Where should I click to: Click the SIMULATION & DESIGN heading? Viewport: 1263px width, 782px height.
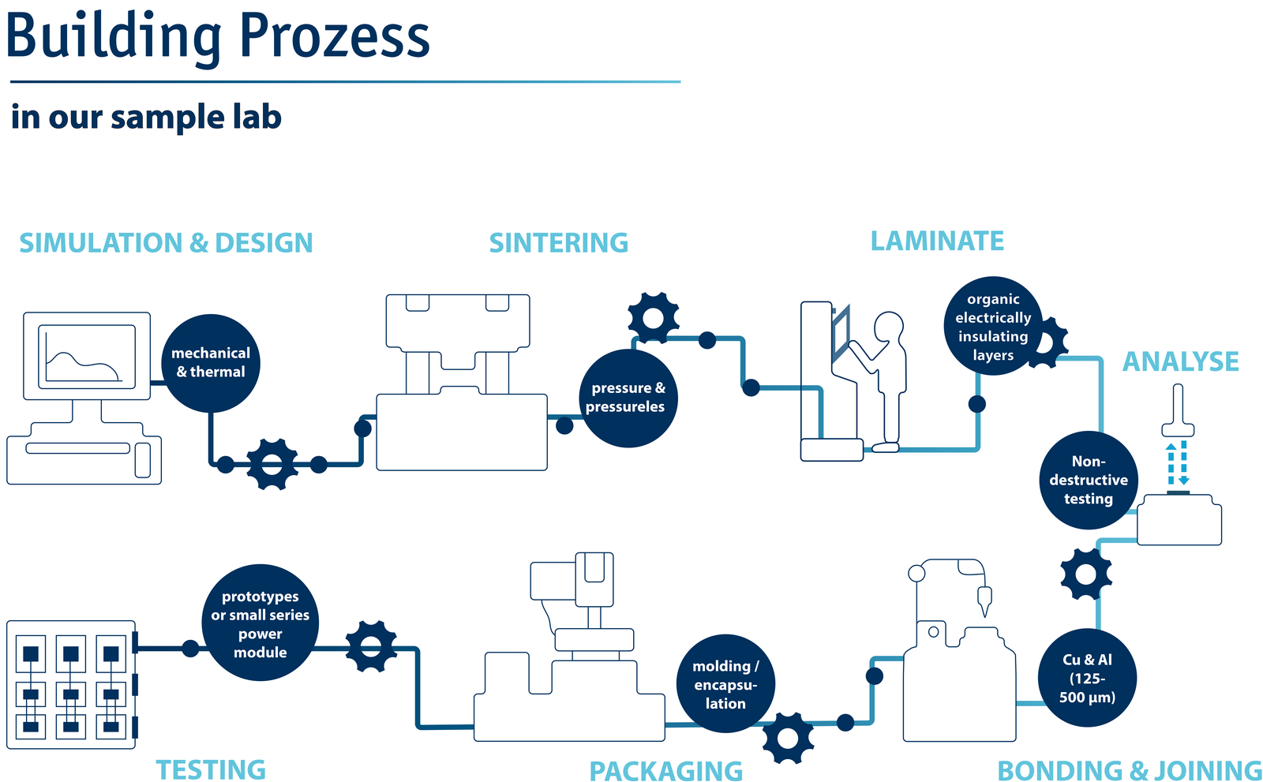[166, 243]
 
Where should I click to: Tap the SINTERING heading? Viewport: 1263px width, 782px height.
[558, 243]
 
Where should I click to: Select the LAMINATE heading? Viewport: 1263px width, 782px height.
[937, 241]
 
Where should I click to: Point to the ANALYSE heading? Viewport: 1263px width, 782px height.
[1180, 362]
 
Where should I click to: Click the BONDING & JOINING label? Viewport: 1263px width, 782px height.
[1129, 770]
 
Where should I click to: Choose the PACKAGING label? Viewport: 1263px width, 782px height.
[665, 771]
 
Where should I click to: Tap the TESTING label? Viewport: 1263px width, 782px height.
[210, 769]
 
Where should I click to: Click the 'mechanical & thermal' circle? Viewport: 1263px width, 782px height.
[211, 363]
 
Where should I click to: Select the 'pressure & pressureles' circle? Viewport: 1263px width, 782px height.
[628, 398]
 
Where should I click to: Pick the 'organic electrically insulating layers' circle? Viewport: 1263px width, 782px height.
[993, 326]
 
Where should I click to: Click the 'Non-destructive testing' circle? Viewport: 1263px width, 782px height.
[1089, 480]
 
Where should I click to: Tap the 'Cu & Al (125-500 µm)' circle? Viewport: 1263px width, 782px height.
[1087, 678]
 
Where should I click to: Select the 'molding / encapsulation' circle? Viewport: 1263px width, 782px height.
[725, 684]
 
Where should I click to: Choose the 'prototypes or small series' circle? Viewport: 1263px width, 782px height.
[260, 623]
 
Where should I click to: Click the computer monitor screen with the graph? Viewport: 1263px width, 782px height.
[86, 356]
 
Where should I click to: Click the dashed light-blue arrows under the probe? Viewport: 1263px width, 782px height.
[1178, 464]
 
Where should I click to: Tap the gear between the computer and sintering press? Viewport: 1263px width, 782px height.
[272, 464]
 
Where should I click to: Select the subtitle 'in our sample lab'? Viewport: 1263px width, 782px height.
[146, 118]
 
